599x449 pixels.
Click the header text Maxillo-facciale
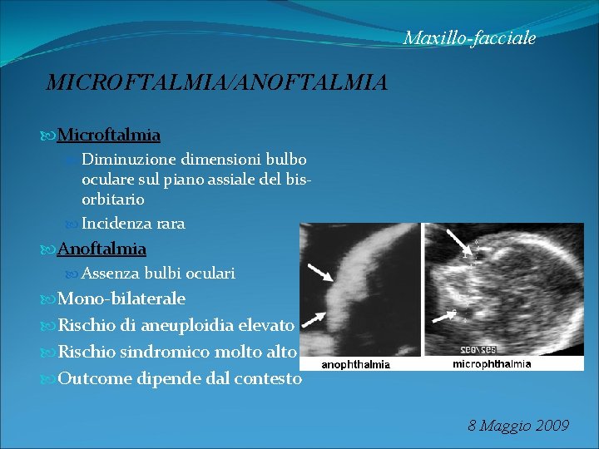pyautogui.click(x=469, y=38)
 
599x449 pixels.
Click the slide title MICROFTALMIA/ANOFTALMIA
pyautogui.click(x=216, y=82)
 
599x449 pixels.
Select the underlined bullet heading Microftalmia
pyautogui.click(x=109, y=135)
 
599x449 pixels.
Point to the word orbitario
pyautogui.click(x=113, y=200)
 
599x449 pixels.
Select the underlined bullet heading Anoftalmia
pyautogui.click(x=101, y=249)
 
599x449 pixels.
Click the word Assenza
pyautogui.click(x=111, y=273)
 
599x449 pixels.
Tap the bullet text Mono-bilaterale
pyautogui.click(x=121, y=299)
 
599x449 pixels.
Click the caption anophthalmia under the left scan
pyautogui.click(x=356, y=364)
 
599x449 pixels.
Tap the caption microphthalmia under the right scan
pyautogui.click(x=492, y=364)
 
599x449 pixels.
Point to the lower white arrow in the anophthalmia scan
pyautogui.click(x=314, y=319)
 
